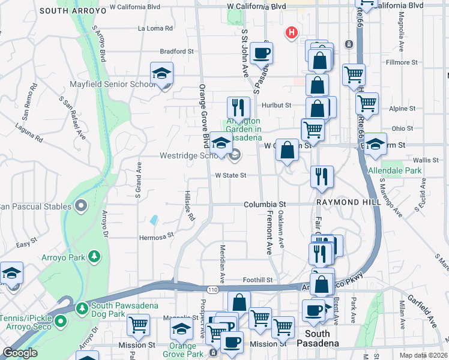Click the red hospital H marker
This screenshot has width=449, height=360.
tap(291, 32)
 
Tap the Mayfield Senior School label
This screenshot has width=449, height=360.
tap(113, 85)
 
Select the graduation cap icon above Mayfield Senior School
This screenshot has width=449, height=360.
tap(161, 73)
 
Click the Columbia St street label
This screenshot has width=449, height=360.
tap(265, 205)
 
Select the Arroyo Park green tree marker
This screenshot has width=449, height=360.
tap(94, 257)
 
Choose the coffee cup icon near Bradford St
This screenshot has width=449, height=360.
tap(261, 53)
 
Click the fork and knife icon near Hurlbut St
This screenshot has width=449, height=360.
tap(238, 108)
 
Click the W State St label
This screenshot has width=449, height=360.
tap(231, 175)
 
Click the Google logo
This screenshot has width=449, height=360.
tap(20, 353)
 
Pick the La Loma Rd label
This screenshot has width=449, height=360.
tap(155, 28)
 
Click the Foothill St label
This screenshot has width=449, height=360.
tap(258, 280)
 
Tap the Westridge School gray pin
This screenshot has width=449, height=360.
tap(235, 156)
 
